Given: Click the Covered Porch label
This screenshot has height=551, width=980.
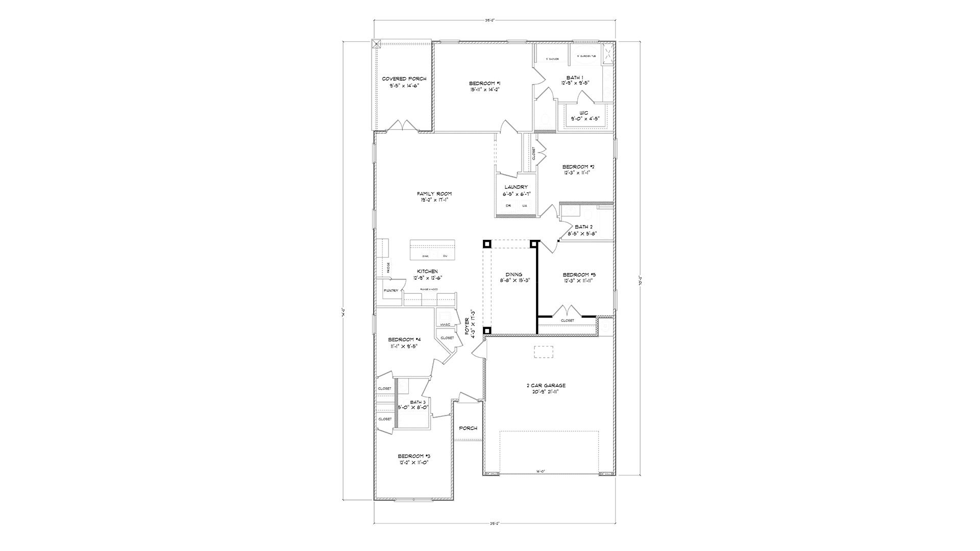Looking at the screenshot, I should point(404,79).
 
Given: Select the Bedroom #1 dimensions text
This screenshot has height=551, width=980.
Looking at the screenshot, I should point(484,89).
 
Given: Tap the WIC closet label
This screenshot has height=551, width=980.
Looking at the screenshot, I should point(584,113).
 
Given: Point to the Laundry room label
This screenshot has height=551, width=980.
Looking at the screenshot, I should point(516,187).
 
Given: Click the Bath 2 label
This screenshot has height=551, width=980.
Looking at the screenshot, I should point(583,227).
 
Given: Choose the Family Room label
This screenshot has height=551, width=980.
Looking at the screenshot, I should point(434,194).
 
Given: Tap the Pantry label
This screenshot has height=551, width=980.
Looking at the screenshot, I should point(390,291).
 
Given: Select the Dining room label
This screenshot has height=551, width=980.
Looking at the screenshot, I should point(513,274).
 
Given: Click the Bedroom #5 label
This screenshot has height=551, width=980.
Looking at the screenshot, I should point(579,274).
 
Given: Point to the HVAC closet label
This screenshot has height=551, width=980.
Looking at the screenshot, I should point(444,325).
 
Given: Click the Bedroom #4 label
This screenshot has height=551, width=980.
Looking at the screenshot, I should point(404,340).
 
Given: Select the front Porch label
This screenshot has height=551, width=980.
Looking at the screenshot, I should point(468,428).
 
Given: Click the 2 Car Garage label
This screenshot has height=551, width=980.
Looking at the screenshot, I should point(546,386).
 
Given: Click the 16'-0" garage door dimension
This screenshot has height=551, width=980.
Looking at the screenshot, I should point(541,471).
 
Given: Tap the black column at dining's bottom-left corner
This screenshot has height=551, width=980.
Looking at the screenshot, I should point(487,331).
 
